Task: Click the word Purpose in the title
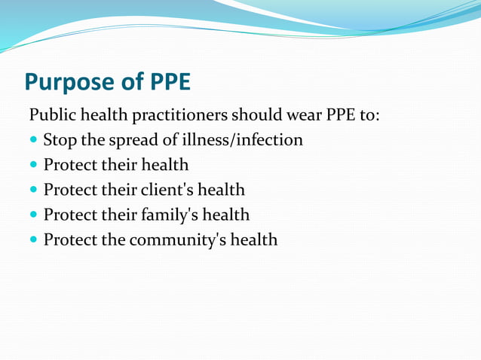point(67,81)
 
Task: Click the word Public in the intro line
point(50,117)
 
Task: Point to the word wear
point(301,117)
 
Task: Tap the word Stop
point(59,140)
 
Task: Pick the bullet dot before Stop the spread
point(34,141)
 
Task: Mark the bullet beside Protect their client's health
point(34,191)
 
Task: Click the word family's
point(170,215)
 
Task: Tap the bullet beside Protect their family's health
point(34,215)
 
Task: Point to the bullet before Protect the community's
point(34,240)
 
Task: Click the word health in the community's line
point(253,239)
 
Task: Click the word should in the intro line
point(255,117)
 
